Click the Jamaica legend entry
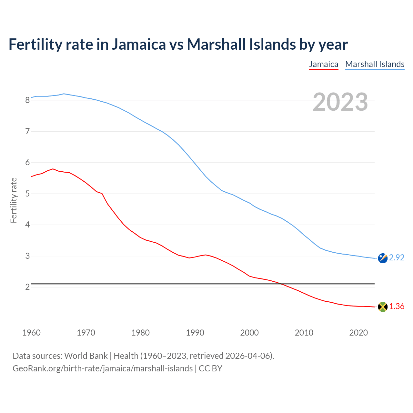coord(324,64)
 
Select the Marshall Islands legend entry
coord(375,64)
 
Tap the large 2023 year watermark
coord(340,102)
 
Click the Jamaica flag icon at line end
coord(383,307)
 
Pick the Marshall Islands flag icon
coord(383,258)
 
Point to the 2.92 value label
coord(397,257)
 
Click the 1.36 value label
coord(397,306)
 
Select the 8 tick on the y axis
coord(27,100)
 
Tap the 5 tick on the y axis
coord(27,194)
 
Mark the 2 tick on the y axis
coord(27,287)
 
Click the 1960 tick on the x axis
coord(31,333)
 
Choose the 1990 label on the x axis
coord(195,333)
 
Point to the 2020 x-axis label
coord(358,333)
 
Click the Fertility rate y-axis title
coord(14,200)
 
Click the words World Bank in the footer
coord(86,356)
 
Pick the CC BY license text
coord(210,368)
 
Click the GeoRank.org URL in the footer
coord(103,368)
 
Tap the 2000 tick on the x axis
coord(249,333)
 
